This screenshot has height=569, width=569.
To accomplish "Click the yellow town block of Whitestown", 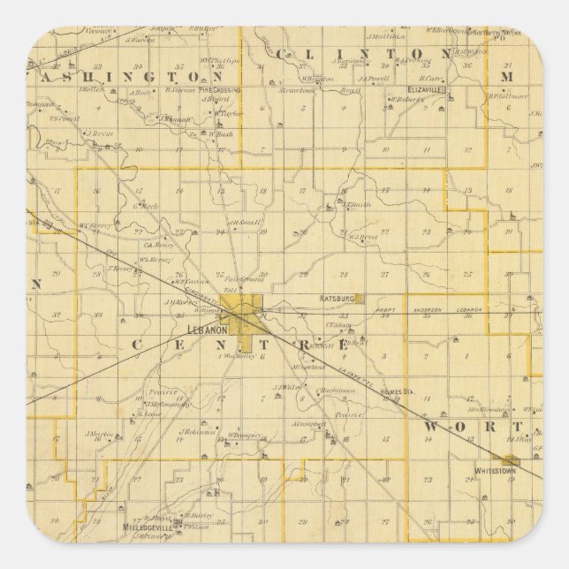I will (x=510, y=459).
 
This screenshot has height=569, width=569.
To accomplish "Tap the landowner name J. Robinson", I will (x=198, y=432).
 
